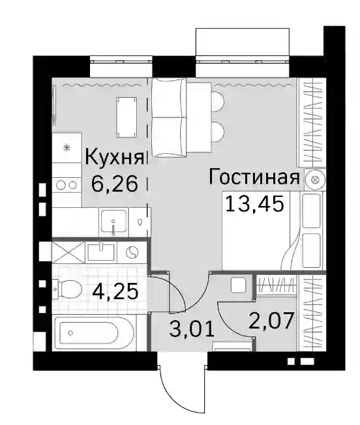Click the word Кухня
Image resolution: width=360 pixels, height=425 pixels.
coord(114,158)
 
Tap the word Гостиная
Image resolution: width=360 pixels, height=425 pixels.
coord(254,177)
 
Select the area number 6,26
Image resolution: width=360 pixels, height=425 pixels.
coord(115,184)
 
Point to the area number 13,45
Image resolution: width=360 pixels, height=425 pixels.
coord(254,204)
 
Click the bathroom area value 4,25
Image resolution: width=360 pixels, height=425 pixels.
coord(115,291)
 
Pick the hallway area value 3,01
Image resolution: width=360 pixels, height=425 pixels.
coord(192,329)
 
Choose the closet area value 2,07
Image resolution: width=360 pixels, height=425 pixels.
coord(271,320)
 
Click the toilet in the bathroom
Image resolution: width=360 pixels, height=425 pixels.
coord(67,289)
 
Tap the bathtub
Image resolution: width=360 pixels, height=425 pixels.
coord(93,332)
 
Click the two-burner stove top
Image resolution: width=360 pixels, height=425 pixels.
coord(67,185)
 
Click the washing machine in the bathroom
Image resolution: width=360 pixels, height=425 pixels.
coord(132,253)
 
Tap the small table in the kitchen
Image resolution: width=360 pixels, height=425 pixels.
coord(127,117)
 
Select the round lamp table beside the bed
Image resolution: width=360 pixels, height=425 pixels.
coord(314,180)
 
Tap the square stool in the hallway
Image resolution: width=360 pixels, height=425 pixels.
coord(238,285)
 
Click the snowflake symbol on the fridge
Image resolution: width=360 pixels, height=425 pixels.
coord(67,148)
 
